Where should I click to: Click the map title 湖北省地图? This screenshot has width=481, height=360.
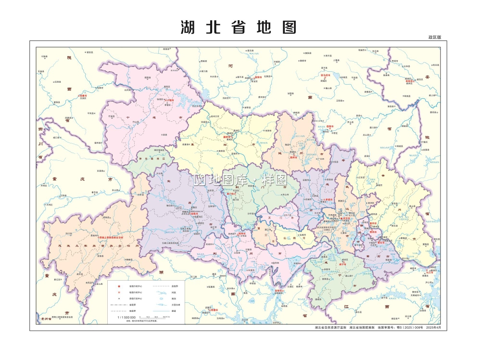(x=239, y=27)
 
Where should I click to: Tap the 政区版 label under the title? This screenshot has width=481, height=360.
(x=434, y=37)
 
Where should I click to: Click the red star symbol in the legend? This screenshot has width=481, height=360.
(x=118, y=286)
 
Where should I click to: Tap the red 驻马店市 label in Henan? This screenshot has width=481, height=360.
(x=326, y=75)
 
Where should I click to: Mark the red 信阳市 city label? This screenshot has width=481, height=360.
(x=329, y=126)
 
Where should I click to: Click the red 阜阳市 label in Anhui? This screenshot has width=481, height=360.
(x=410, y=80)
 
